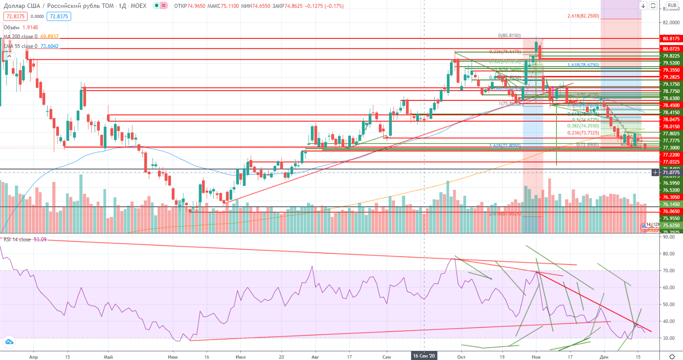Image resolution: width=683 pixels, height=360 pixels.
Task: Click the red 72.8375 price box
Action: [15, 16]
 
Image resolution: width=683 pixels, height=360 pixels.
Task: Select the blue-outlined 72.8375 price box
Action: [59, 16]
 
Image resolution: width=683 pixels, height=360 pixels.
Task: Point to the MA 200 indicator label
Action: [31, 37]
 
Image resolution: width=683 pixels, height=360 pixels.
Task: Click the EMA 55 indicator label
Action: [31, 46]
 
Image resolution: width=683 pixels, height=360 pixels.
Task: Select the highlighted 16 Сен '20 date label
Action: [424, 356]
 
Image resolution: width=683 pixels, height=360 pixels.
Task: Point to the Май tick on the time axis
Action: [108, 357]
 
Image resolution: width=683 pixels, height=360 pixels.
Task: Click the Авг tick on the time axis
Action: [315, 357]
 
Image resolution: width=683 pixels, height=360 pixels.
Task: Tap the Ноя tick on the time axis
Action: [536, 357]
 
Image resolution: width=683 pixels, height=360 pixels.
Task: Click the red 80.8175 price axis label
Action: [671, 39]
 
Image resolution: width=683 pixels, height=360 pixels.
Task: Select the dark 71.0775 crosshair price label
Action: [671, 173]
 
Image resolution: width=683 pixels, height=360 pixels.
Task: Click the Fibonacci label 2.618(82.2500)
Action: [583, 16]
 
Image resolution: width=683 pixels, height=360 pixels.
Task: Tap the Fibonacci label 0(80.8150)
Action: [509, 36]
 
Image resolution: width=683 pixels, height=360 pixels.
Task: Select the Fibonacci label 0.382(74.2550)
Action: [583, 126]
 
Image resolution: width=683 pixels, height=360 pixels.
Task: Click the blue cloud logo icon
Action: [8, 342]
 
